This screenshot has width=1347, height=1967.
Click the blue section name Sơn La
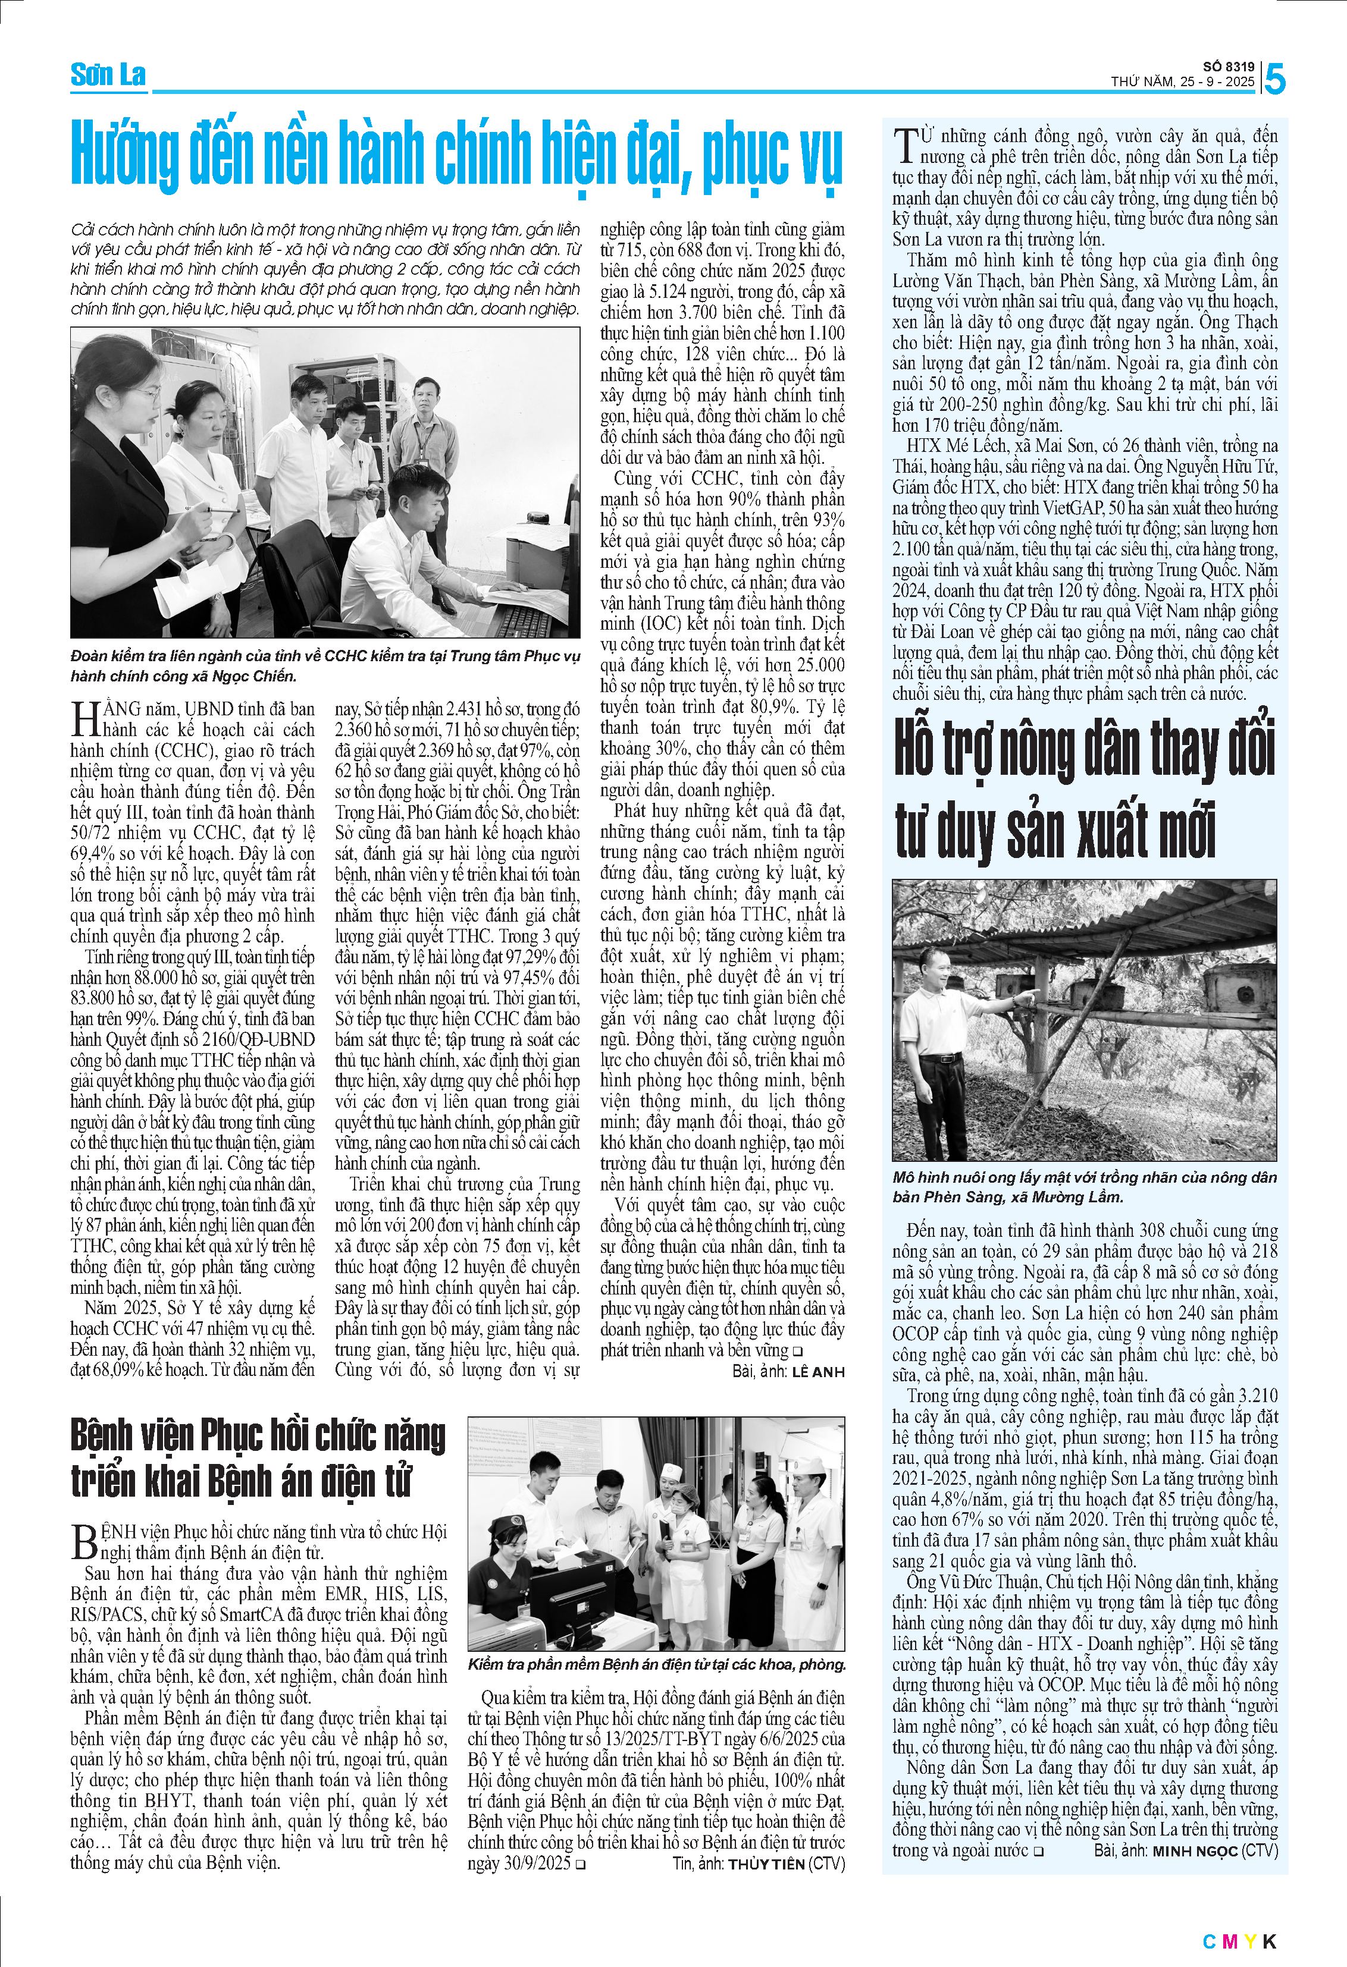tap(108, 76)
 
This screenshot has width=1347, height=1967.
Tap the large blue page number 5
tap(1274, 80)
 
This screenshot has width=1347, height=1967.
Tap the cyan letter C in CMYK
tap(1209, 1941)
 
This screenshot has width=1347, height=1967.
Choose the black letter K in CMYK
tap(1269, 1941)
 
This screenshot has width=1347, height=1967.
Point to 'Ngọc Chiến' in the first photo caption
tap(262, 676)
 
